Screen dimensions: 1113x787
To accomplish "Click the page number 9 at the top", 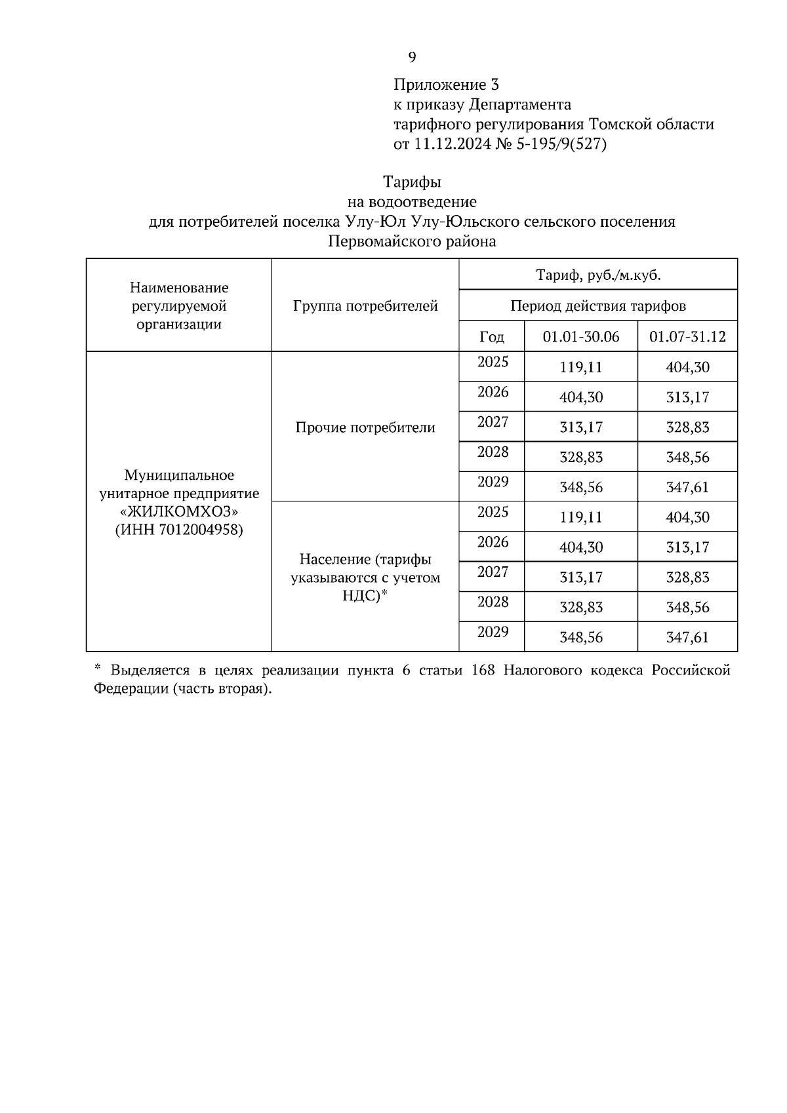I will [412, 58].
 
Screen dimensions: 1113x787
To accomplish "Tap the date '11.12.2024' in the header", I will [452, 144].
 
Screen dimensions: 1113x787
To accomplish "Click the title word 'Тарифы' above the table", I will [412, 182].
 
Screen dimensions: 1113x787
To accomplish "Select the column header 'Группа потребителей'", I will [365, 305].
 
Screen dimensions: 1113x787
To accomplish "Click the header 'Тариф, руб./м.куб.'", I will [598, 275].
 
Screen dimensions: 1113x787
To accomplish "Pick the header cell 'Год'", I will [492, 337].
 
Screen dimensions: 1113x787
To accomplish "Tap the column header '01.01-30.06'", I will [581, 337].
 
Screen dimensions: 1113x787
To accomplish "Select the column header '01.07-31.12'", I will [687, 337].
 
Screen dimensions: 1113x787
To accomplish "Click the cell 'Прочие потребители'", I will [365, 427].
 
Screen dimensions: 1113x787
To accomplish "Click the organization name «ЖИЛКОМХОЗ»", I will [179, 511].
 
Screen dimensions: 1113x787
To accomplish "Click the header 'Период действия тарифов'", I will [598, 305].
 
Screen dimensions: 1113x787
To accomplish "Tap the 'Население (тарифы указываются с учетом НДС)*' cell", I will [365, 577].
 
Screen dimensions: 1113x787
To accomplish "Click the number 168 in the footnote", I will [483, 671].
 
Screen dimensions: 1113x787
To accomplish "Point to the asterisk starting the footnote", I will [97, 668].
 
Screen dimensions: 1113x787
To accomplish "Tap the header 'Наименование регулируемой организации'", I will [179, 305].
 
